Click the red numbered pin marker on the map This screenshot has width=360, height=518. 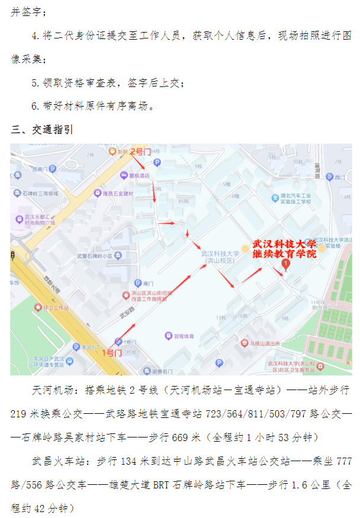click(x=287, y=264)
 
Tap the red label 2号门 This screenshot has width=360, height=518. click(x=141, y=152)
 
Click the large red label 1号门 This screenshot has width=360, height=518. click(x=112, y=353)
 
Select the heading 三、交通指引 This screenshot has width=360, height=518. click(x=42, y=130)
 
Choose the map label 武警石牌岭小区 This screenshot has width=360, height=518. click(x=94, y=256)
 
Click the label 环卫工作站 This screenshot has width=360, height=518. click(x=56, y=308)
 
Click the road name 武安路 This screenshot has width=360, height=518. click(x=126, y=316)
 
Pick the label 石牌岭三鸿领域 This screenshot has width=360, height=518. click(x=40, y=194)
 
